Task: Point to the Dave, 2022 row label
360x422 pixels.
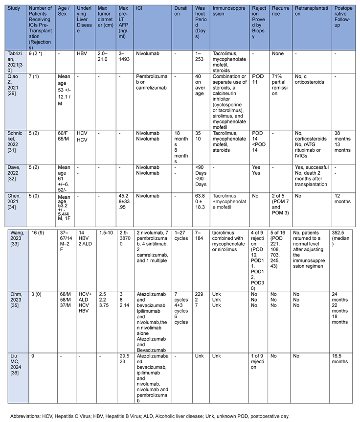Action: pyautogui.click(x=13, y=156)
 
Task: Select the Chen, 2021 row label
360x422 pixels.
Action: pyautogui.click(x=13, y=179)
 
